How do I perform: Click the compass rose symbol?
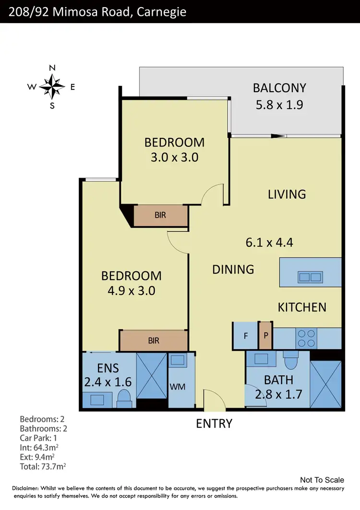(x=52, y=86)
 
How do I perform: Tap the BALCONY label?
(x=279, y=88)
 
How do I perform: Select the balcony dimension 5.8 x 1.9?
(x=279, y=105)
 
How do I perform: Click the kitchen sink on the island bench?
(x=310, y=277)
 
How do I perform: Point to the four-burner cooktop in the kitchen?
(x=306, y=338)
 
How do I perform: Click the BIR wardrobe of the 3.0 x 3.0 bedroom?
(x=160, y=215)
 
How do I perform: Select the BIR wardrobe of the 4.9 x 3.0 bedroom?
(x=154, y=340)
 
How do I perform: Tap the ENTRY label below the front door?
(x=214, y=424)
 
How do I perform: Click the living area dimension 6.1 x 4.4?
(x=269, y=243)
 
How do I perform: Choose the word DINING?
(x=233, y=269)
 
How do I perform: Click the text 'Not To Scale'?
(x=322, y=480)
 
